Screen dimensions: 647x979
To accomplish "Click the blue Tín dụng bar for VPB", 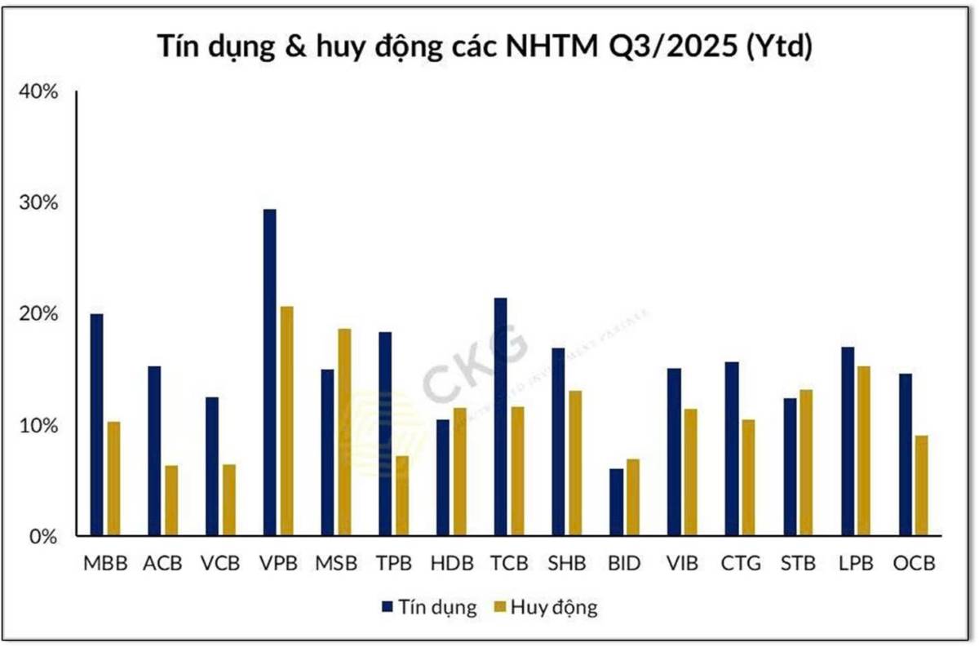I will click(269, 373).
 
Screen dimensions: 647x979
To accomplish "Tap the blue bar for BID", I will click(616, 503).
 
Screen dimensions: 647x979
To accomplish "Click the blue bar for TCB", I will click(500, 417).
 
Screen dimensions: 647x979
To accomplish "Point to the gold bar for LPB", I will click(863, 451).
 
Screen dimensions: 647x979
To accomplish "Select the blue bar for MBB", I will click(96, 425).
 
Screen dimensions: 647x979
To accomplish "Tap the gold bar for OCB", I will click(921, 486).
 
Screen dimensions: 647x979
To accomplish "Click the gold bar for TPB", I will click(401, 496).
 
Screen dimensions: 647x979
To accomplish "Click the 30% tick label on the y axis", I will click(39, 202).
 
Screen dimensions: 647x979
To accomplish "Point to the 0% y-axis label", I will click(43, 537).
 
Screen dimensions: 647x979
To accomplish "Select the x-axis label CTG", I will click(741, 564).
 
